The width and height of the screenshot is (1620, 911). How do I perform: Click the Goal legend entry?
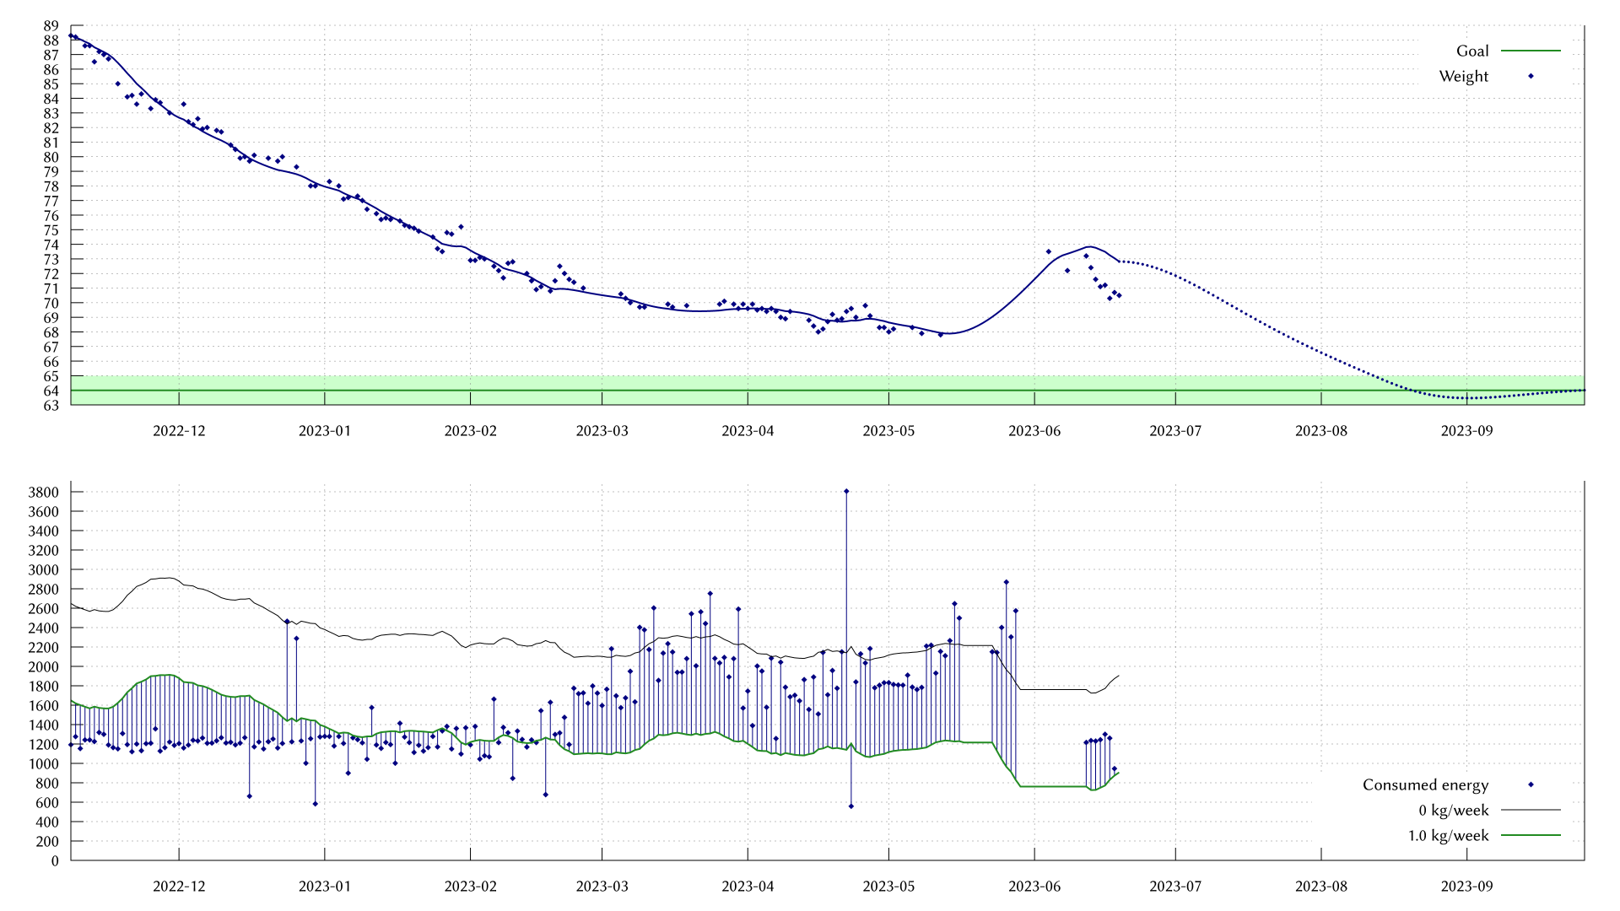click(x=1472, y=51)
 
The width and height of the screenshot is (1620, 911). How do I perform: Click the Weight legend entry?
click(x=1464, y=77)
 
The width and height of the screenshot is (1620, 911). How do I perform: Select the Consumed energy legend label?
click(x=1425, y=785)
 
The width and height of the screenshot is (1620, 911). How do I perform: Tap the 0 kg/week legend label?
click(x=1454, y=811)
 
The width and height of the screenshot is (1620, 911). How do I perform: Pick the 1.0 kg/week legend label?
click(x=1448, y=836)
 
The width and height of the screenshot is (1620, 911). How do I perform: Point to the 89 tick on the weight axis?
click(x=51, y=26)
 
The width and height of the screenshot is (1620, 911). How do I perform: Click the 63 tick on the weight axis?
click(x=51, y=406)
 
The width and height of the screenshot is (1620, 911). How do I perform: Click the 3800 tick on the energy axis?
click(x=43, y=493)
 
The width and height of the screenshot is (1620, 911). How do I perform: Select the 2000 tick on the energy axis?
click(x=43, y=667)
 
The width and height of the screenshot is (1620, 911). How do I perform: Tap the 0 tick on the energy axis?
click(x=55, y=861)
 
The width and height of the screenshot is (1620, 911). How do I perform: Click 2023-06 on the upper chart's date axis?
click(x=1034, y=431)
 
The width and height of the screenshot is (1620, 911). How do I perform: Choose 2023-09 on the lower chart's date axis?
click(x=1466, y=887)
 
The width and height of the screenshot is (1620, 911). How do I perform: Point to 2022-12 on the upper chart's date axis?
click(x=179, y=431)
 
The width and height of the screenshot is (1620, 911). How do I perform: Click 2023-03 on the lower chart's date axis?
click(x=602, y=887)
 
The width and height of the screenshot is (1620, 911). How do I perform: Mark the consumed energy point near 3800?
click(x=846, y=491)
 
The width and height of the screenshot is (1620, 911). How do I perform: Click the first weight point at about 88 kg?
click(x=71, y=35)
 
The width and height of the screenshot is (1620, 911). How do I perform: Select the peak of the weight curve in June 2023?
click(x=1088, y=246)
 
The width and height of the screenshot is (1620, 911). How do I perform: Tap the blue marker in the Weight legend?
click(x=1531, y=77)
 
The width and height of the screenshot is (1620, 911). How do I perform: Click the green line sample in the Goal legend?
click(x=1531, y=51)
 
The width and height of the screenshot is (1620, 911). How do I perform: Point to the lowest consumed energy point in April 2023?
click(x=850, y=806)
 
